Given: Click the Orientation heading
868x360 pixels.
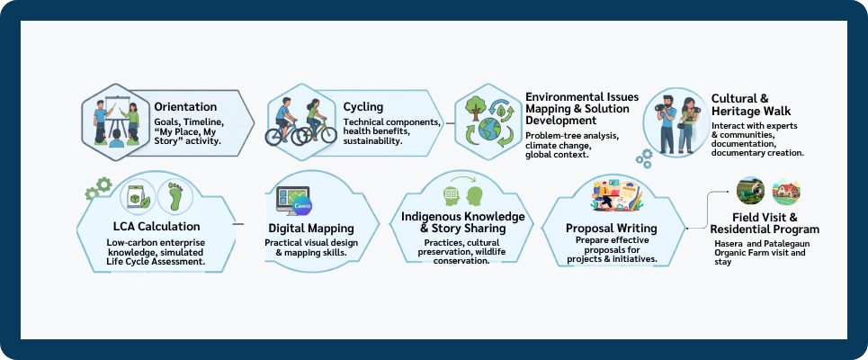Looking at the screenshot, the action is coord(185,107).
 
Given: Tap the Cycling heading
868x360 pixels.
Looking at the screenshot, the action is coord(363,107).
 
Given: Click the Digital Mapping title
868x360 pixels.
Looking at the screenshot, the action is coord(311,229).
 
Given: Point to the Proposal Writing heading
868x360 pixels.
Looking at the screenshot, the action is coord(611,229).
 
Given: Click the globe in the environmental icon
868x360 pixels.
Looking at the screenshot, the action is coord(489,128).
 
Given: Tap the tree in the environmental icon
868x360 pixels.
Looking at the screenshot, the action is coord(474,108).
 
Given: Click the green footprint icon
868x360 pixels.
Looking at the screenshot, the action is coord(174,196).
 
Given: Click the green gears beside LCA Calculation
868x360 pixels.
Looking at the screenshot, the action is coord(97,188).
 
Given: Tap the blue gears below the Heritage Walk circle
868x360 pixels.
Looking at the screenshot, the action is coord(644,158).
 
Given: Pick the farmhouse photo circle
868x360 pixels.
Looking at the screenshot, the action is coord(786,192).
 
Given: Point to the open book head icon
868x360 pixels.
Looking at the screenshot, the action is coord(452,195).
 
